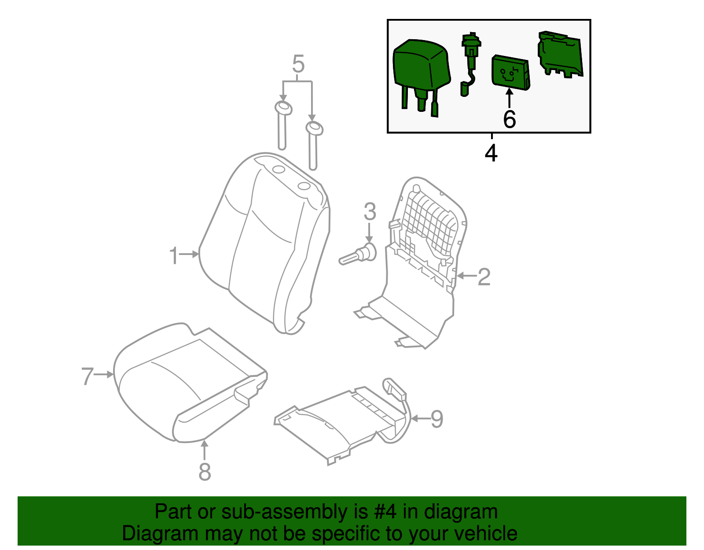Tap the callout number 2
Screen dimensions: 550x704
click(x=484, y=277)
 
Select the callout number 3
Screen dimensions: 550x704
click(x=370, y=212)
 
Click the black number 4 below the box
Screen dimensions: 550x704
click(x=491, y=153)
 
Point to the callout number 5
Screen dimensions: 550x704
click(x=298, y=65)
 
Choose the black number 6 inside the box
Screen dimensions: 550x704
click(x=509, y=119)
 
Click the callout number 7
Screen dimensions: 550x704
click(x=87, y=377)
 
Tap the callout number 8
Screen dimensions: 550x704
click(x=205, y=472)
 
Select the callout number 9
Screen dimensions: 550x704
click(x=436, y=419)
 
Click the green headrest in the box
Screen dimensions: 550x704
click(x=420, y=66)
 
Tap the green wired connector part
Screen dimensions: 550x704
click(x=470, y=62)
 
